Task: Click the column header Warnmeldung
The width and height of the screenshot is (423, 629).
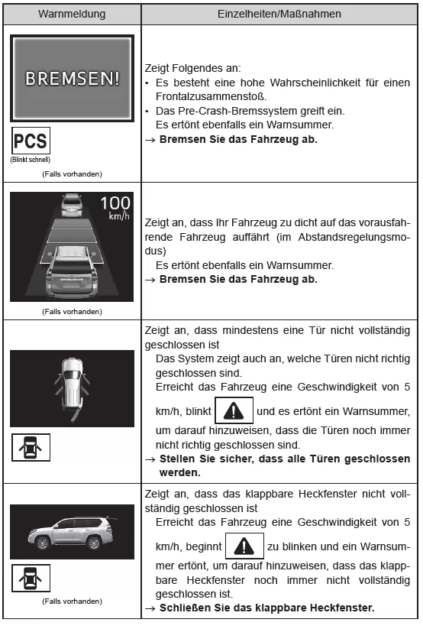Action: (x=72, y=14)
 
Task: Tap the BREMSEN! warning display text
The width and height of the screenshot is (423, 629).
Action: (x=72, y=79)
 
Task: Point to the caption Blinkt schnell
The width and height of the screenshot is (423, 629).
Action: (x=31, y=160)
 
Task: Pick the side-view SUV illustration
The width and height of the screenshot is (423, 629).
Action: (x=72, y=532)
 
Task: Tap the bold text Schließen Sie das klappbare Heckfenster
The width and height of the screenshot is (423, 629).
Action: (x=266, y=608)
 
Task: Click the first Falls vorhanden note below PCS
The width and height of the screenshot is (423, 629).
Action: (x=72, y=174)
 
